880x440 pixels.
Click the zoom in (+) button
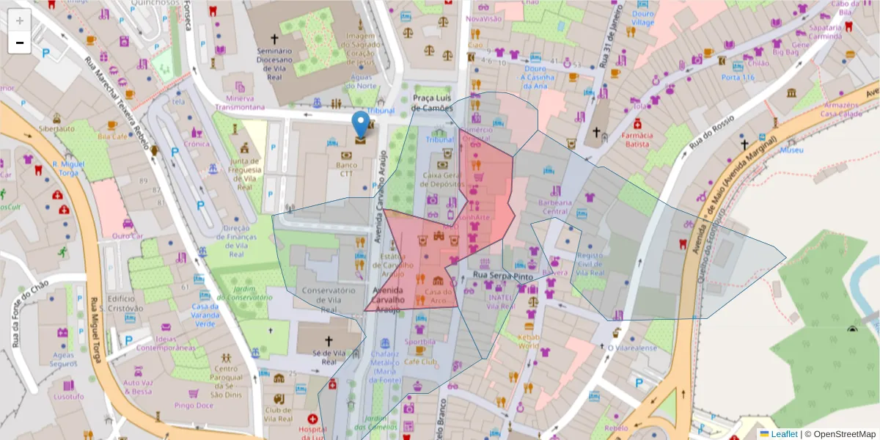(x=20, y=21)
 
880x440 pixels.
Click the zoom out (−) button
(x=20, y=43)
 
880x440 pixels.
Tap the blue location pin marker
(x=361, y=127)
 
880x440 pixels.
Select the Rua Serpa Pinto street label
(x=502, y=276)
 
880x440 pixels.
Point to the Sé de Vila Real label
(x=328, y=357)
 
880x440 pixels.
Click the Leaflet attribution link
(x=784, y=433)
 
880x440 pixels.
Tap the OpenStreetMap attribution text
(x=840, y=433)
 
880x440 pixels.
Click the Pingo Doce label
(x=194, y=405)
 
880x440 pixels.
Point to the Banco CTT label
(x=347, y=169)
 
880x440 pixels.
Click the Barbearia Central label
(x=554, y=206)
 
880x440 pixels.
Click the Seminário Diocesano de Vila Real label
(x=275, y=61)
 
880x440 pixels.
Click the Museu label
(x=791, y=150)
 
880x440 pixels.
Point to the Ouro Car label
(x=127, y=235)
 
